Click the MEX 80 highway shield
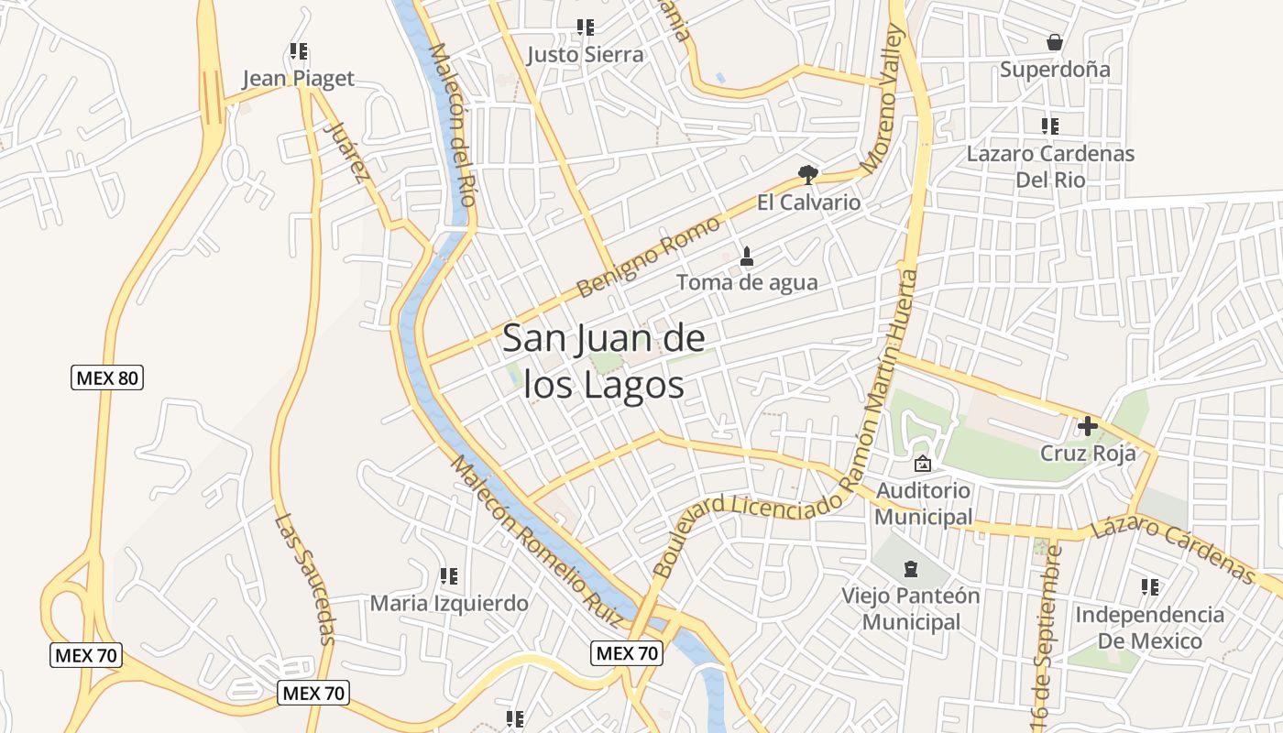click(107, 377)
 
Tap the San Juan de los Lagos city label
click(605, 362)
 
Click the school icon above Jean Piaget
click(299, 51)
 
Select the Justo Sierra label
click(585, 55)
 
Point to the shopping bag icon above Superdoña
click(1055, 42)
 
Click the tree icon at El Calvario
click(807, 174)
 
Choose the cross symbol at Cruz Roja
click(1088, 426)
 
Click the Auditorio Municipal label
click(923, 504)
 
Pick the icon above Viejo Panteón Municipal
click(910, 569)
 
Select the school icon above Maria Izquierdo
click(448, 576)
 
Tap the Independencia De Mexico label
click(1149, 628)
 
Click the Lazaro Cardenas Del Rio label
click(1050, 167)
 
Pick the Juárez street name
click(350, 153)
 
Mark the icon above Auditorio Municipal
click(922, 465)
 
